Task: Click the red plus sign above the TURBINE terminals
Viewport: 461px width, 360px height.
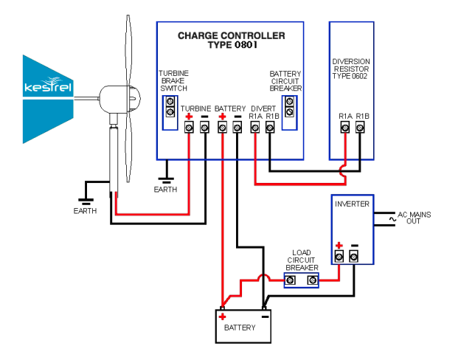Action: click(x=189, y=117)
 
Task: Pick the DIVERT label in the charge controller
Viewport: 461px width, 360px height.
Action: click(x=263, y=108)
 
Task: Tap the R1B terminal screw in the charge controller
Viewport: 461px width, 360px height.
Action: click(x=270, y=128)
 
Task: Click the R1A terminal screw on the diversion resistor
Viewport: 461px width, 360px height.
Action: click(x=344, y=128)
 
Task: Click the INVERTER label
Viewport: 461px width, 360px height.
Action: click(x=352, y=204)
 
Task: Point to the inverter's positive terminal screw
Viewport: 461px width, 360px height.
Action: click(x=339, y=256)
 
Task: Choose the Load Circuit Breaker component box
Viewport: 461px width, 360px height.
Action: click(x=302, y=280)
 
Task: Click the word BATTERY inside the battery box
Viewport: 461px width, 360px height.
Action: click(x=240, y=328)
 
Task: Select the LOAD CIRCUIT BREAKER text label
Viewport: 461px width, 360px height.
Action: click(x=301, y=260)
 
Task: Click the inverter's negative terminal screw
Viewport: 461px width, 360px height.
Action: click(x=354, y=256)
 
